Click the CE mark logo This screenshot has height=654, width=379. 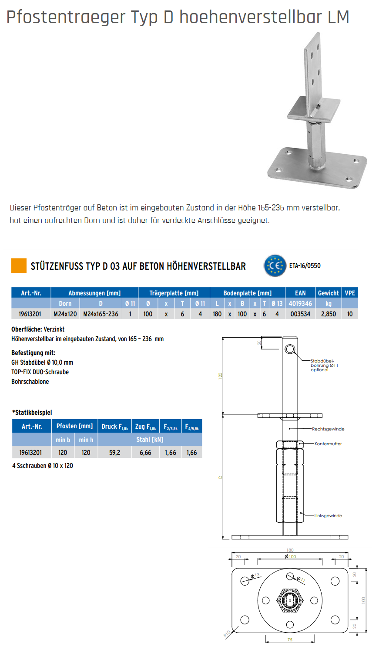pyautogui.click(x=275, y=266)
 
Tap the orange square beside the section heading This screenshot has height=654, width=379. pyautogui.click(x=19, y=266)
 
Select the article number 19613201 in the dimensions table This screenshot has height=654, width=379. pyautogui.click(x=30, y=314)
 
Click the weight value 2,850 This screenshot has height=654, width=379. pyautogui.click(x=329, y=314)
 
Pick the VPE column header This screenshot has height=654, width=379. pyautogui.click(x=350, y=293)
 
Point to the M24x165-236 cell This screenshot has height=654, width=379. pyautogui.click(x=101, y=314)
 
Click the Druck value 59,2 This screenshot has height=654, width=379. pyautogui.click(x=114, y=453)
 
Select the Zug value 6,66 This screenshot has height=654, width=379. pyautogui.click(x=145, y=453)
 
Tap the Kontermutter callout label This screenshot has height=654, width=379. pyautogui.click(x=328, y=444)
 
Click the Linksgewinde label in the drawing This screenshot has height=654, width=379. pyautogui.click(x=328, y=515)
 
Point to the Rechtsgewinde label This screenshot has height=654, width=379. pyautogui.click(x=328, y=429)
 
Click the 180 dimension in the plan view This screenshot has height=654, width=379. pyautogui.click(x=290, y=550)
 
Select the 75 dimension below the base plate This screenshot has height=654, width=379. pyautogui.click(x=290, y=640)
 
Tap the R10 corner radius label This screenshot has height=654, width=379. pyautogui.click(x=227, y=634)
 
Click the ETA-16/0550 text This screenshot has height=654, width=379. pyautogui.click(x=305, y=266)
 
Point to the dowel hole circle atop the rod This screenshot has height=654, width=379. pyautogui.click(x=290, y=349)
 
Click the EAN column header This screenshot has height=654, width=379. pyautogui.click(x=300, y=293)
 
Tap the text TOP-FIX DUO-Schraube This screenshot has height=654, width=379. pyautogui.click(x=40, y=372)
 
